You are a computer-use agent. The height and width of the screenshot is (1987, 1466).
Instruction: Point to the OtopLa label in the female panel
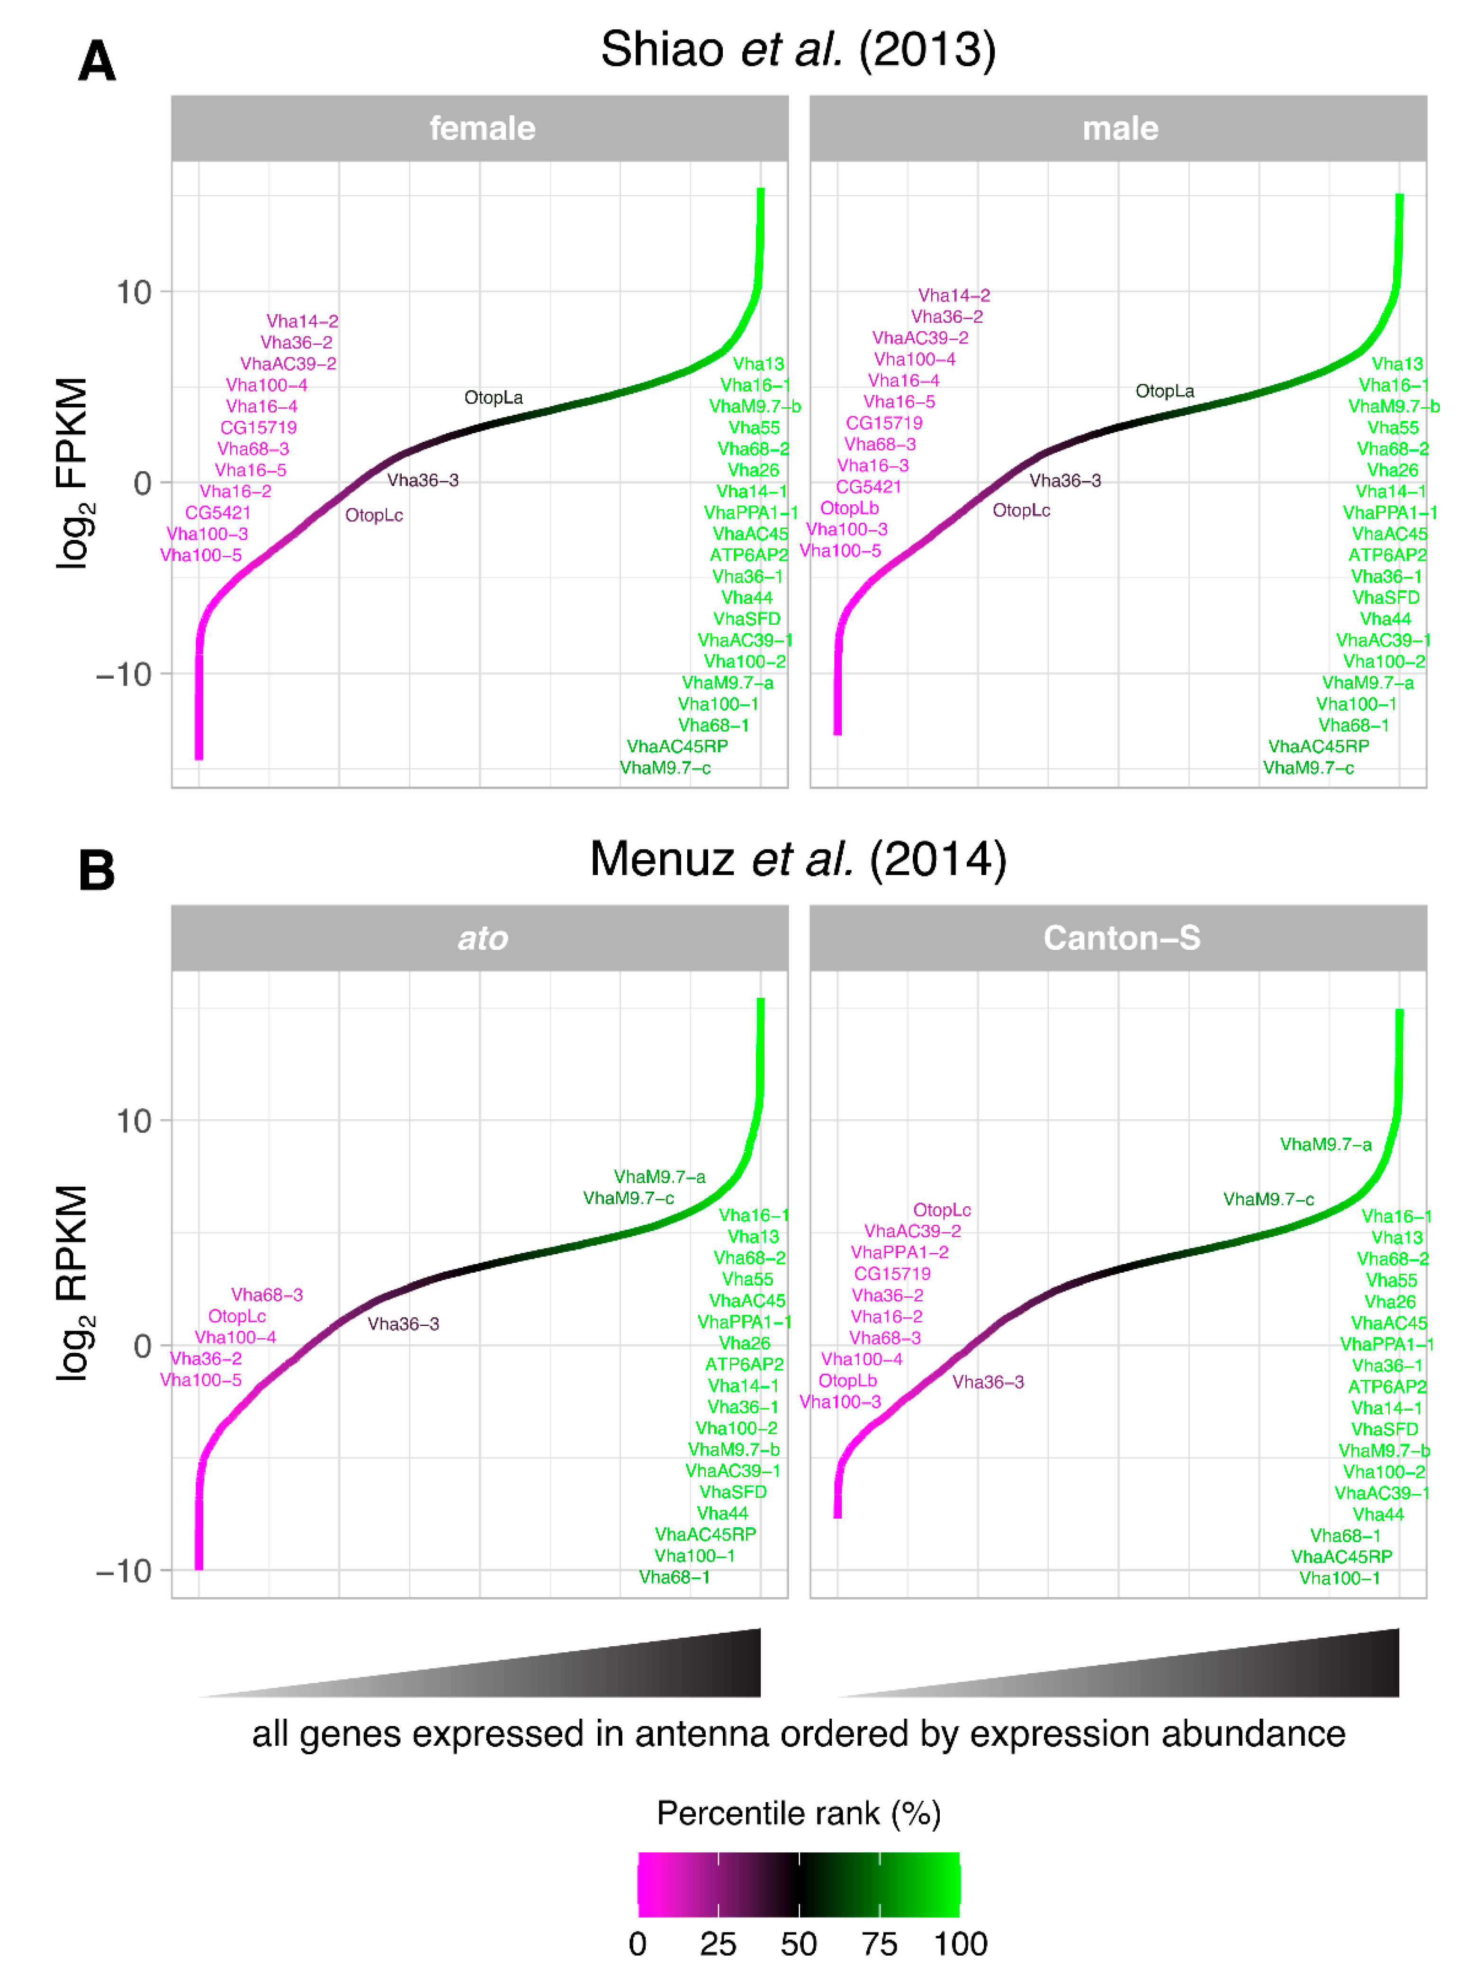[x=494, y=398]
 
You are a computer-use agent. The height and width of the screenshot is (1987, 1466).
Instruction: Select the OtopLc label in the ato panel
[x=237, y=1316]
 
